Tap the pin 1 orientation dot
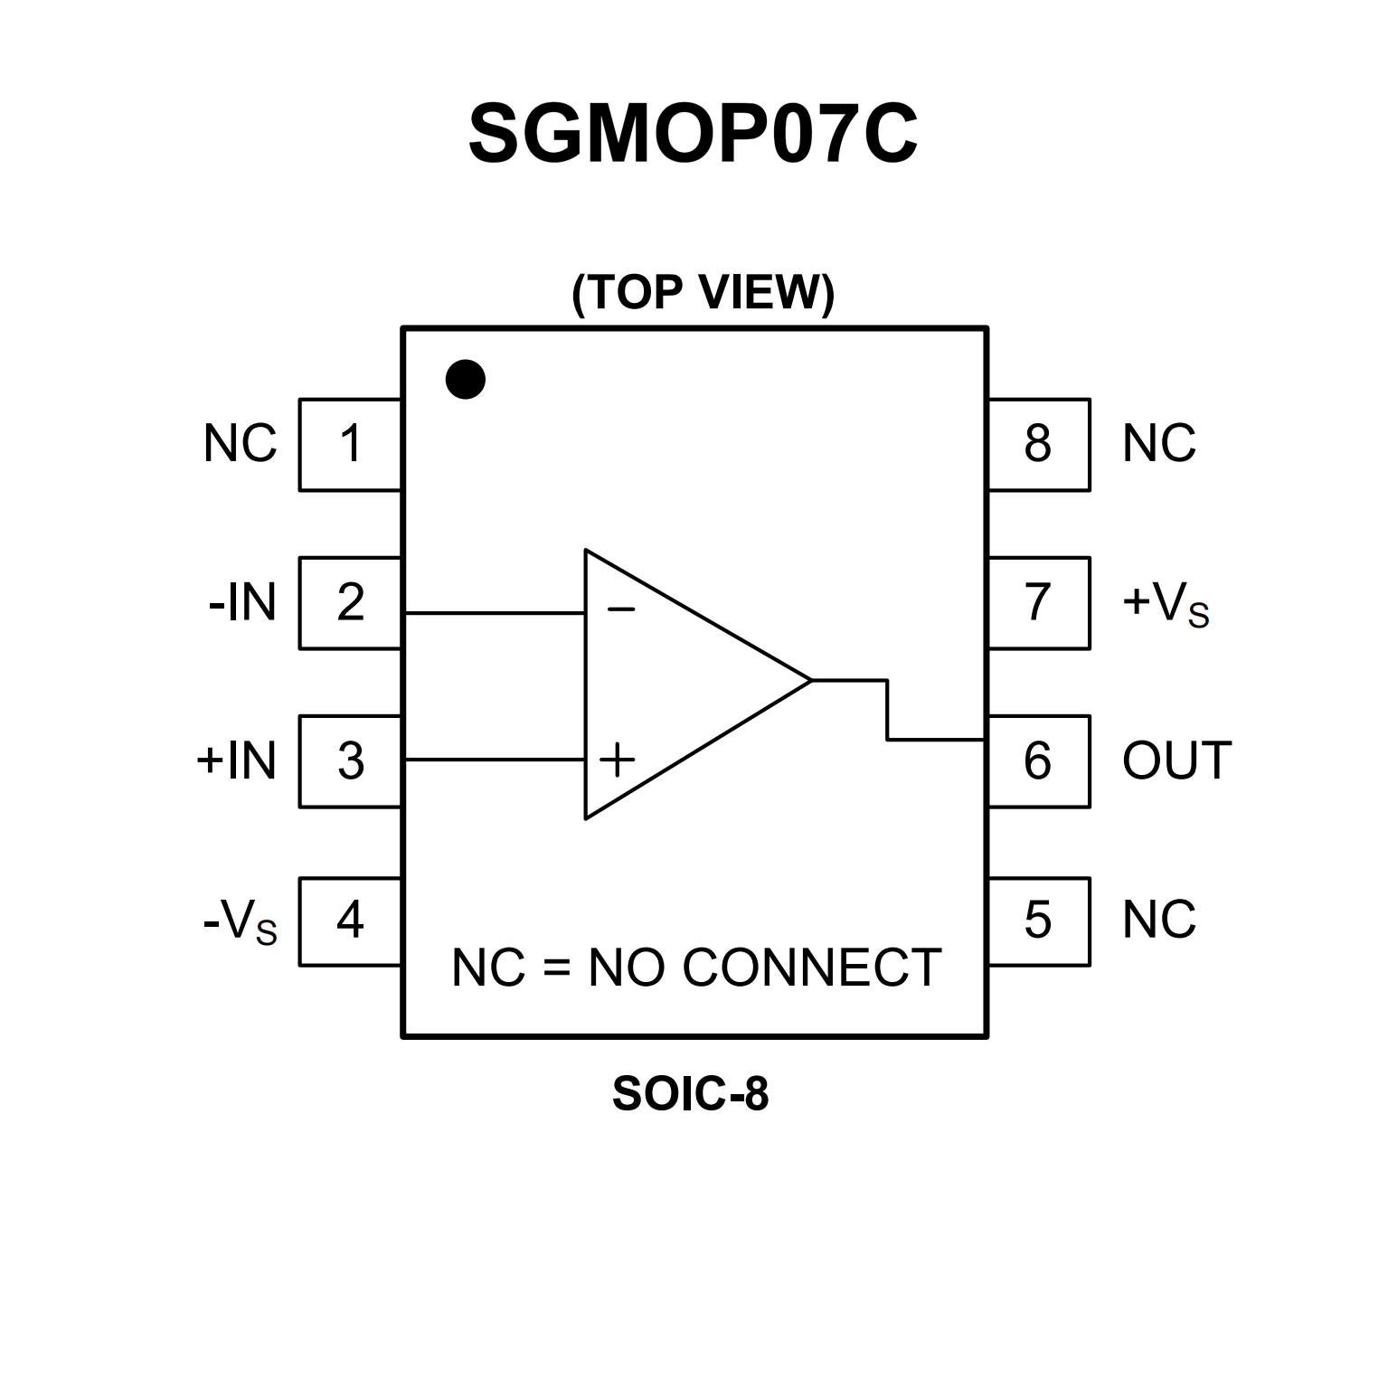click(466, 379)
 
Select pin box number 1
click(350, 444)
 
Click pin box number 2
click(350, 602)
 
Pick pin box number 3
click(350, 760)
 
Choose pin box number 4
click(350, 921)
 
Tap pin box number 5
click(1038, 921)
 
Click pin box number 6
click(1038, 760)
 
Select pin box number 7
click(1038, 602)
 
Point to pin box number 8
click(1038, 444)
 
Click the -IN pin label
click(242, 602)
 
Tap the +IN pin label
click(236, 760)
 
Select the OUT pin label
click(1176, 760)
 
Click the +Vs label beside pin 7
click(1165, 604)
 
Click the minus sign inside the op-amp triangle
click(621, 610)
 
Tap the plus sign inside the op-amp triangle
click(618, 760)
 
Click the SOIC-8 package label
click(690, 1094)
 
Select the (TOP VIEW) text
click(703, 293)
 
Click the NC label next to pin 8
click(1158, 444)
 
